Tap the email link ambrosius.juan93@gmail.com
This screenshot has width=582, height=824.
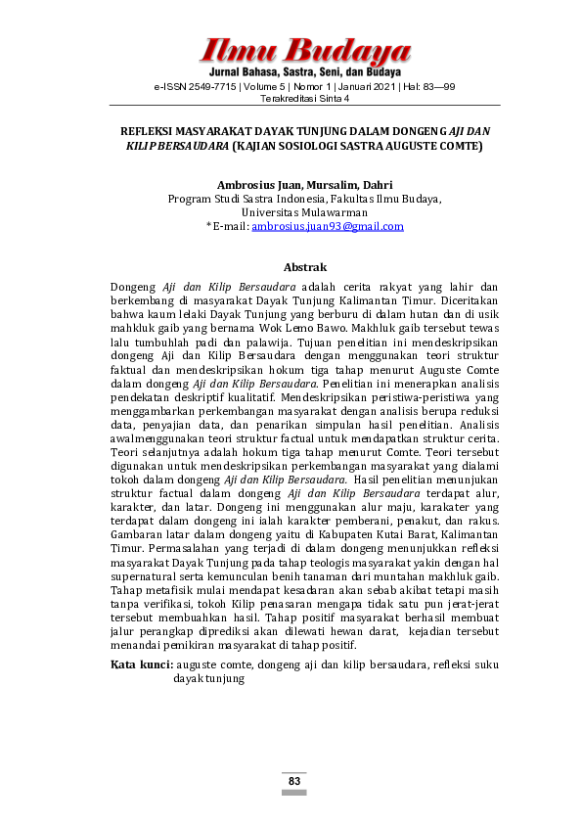(x=328, y=226)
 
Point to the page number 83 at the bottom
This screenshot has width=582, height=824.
(x=293, y=781)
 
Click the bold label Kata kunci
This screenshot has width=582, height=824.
(x=141, y=664)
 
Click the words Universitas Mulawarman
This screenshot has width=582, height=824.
(x=304, y=212)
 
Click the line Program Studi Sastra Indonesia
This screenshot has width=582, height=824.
(x=245, y=199)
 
